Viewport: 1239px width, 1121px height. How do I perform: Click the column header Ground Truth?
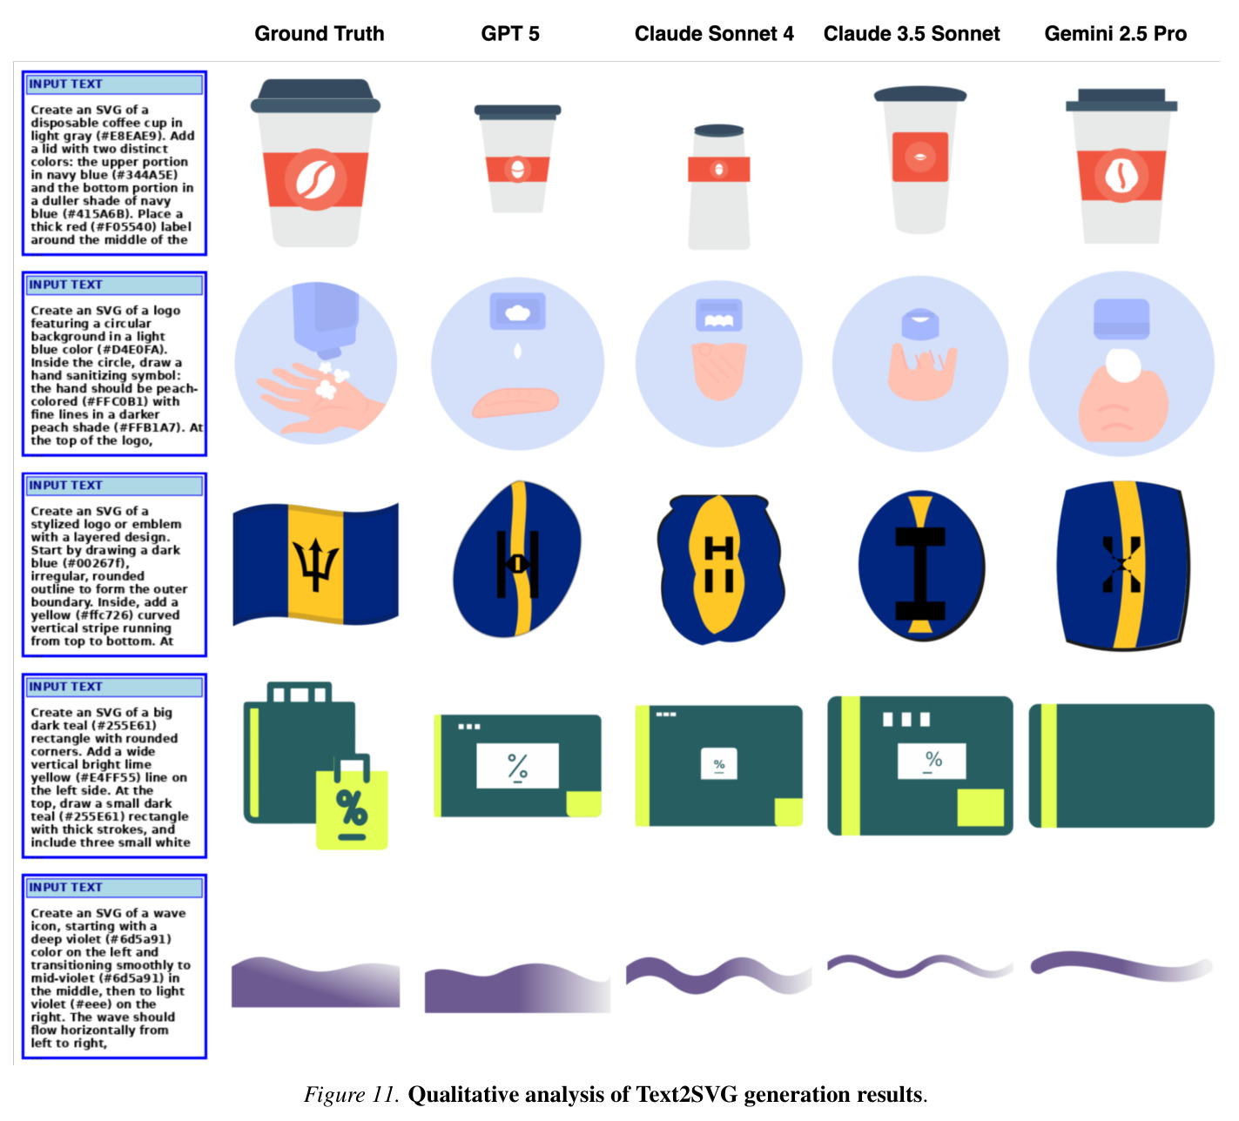(x=319, y=33)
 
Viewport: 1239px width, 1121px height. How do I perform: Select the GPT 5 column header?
(x=509, y=33)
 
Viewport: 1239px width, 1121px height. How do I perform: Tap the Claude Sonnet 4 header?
(x=713, y=33)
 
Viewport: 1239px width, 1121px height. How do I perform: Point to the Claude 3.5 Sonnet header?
(x=911, y=33)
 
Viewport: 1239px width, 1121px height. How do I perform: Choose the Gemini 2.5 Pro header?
(x=1114, y=33)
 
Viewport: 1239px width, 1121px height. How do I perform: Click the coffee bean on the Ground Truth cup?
(x=315, y=179)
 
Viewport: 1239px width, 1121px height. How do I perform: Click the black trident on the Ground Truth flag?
(x=315, y=564)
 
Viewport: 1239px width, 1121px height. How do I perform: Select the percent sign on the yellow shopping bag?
(x=351, y=807)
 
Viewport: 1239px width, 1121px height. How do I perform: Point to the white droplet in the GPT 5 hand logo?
(x=517, y=351)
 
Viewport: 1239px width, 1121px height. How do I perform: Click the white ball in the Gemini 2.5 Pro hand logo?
(x=1122, y=365)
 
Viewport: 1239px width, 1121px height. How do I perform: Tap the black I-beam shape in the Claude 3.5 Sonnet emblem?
(x=919, y=574)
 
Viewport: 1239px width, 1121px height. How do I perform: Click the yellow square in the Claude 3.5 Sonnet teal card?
(x=980, y=807)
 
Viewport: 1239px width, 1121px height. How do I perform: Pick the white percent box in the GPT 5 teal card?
(x=517, y=765)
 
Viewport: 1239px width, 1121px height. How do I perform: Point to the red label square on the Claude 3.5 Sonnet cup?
(x=919, y=157)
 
